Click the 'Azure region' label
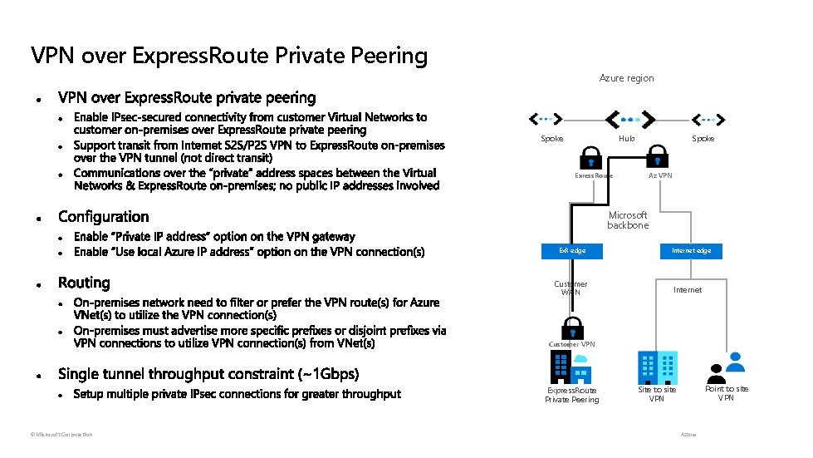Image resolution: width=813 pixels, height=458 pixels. (x=626, y=78)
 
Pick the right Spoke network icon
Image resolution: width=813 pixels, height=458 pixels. (x=708, y=118)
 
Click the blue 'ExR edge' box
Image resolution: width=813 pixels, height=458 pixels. (x=572, y=250)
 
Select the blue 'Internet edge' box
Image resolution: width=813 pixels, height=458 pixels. (x=691, y=250)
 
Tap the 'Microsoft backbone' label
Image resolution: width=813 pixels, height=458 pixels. (x=628, y=220)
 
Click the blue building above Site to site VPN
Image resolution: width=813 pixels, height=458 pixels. (x=656, y=367)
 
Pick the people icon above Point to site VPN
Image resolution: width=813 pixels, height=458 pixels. (x=728, y=366)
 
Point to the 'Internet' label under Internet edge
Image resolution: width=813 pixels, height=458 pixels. (x=688, y=290)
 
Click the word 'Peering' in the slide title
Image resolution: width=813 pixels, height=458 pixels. (x=389, y=56)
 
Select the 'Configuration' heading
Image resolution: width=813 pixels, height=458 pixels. (x=104, y=217)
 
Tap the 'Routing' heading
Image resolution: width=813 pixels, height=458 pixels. (x=84, y=283)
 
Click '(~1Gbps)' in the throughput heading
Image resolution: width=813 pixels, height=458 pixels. (x=321, y=374)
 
